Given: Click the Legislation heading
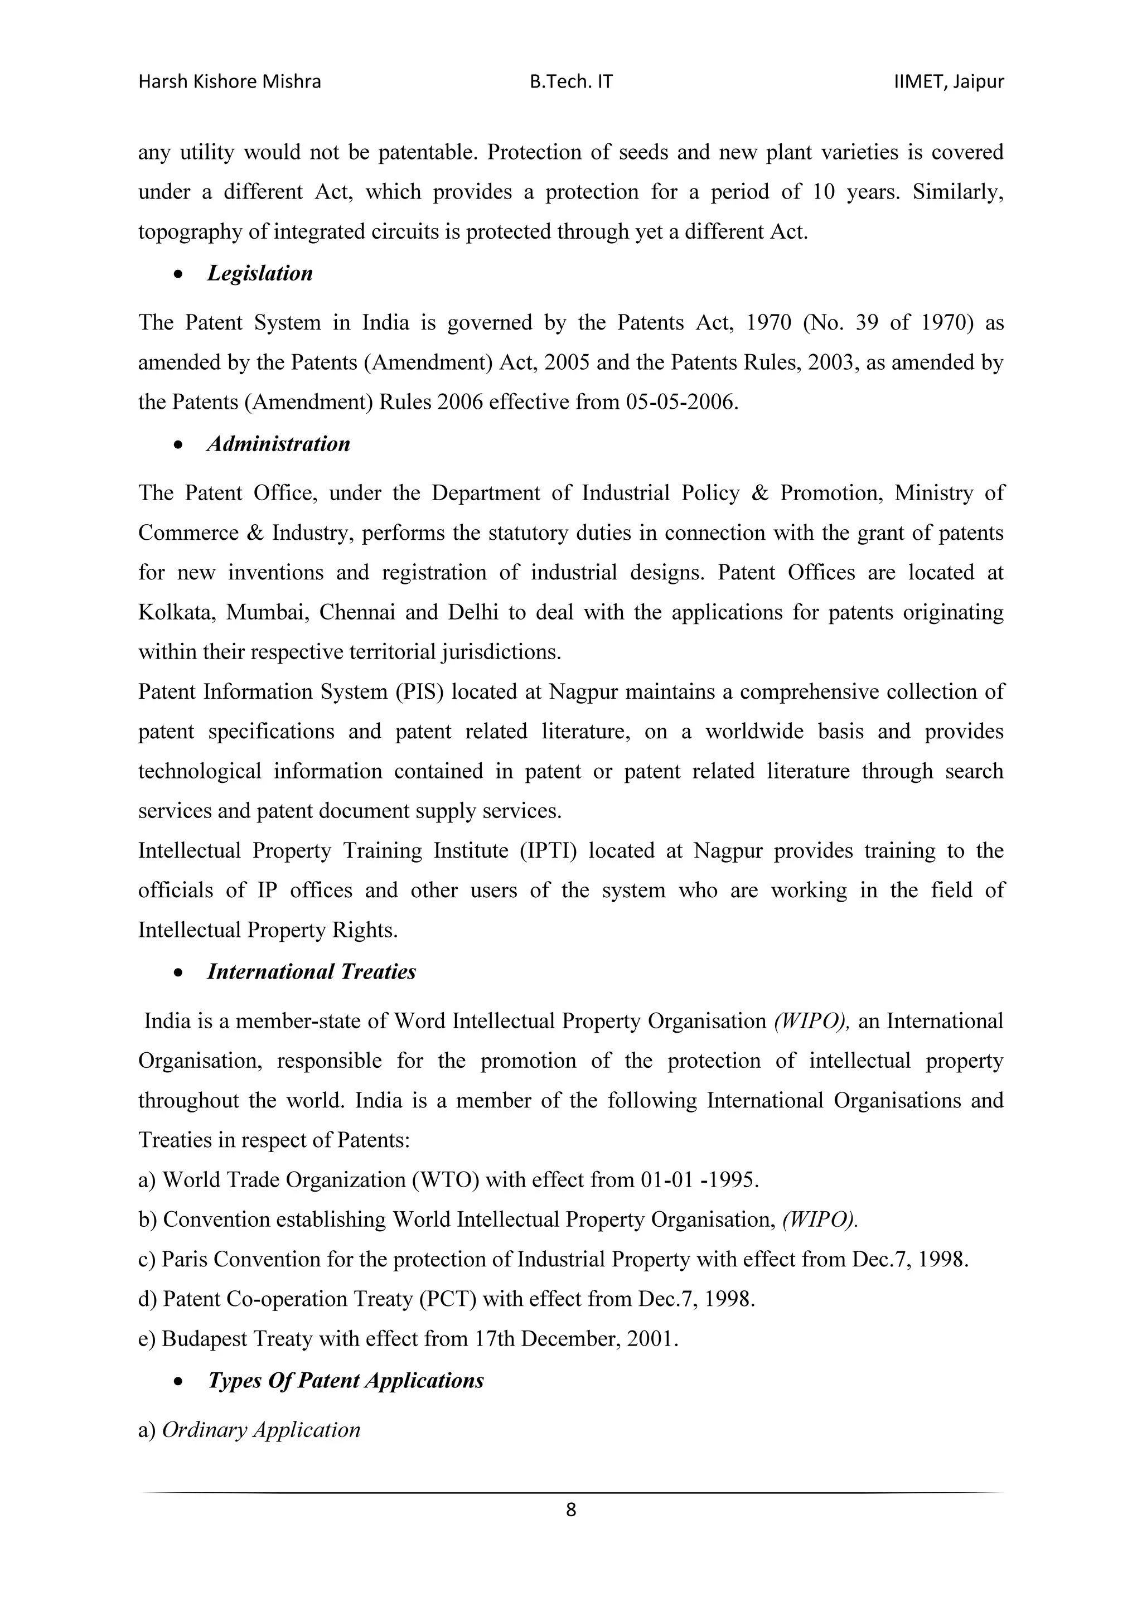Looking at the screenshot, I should coord(260,273).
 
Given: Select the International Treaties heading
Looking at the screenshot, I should coord(311,972).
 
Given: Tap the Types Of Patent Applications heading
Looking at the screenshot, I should coord(346,1381).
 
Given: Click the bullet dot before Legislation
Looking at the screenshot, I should coord(181,274).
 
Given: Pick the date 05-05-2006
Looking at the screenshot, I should coord(681,402).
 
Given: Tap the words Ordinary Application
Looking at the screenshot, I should coord(261,1430).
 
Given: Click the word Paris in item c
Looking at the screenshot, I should coord(185,1259).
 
